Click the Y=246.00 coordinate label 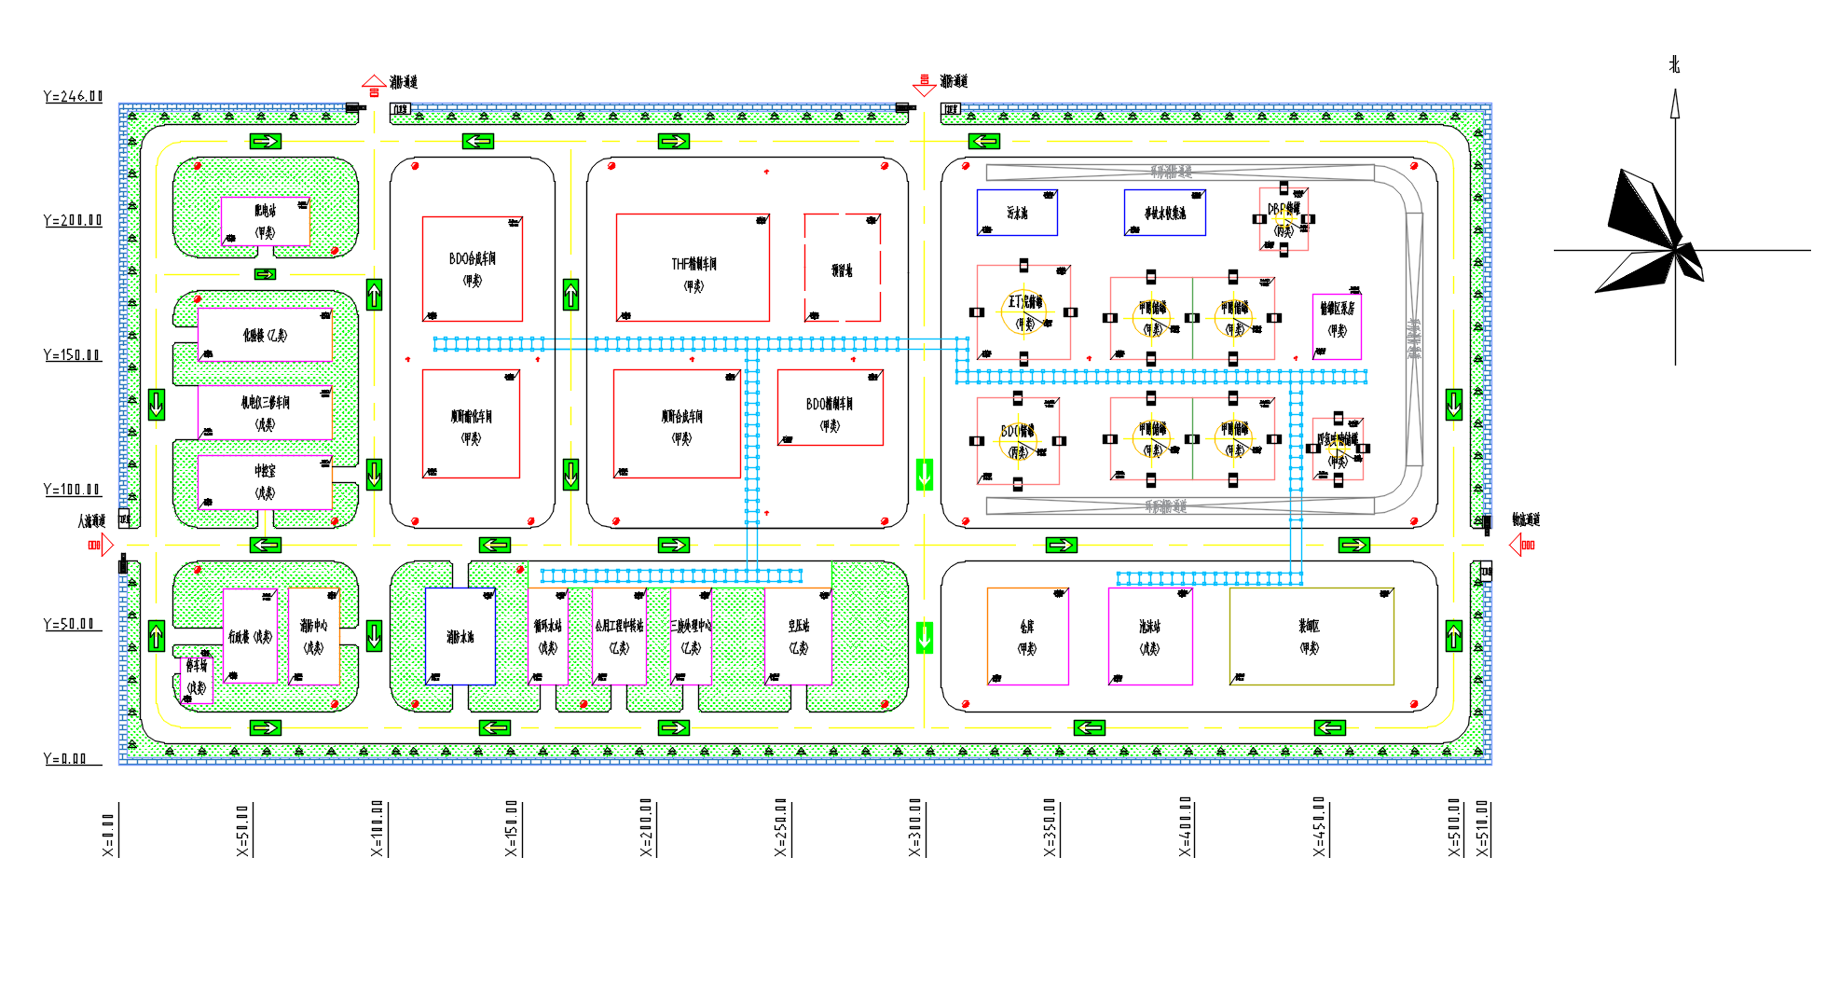[73, 96]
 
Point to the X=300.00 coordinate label [915, 827]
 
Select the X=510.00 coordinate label [1483, 828]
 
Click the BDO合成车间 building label [472, 259]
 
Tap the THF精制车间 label [693, 265]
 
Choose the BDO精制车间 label [829, 405]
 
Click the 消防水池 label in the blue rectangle [460, 637]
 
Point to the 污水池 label [1016, 214]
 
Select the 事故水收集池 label [1164, 214]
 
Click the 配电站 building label [265, 212]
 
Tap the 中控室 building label [265, 472]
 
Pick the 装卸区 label [1309, 627]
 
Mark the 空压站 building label [798, 627]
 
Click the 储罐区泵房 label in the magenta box [1337, 309]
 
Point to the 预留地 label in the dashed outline [842, 270]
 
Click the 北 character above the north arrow [1674, 64]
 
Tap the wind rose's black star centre [1676, 248]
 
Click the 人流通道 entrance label [90, 521]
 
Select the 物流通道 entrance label [1525, 519]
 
